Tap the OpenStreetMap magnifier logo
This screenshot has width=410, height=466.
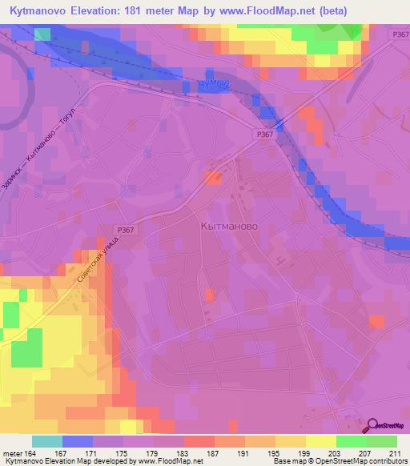[373, 427]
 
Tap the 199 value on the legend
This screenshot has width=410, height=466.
[295, 453]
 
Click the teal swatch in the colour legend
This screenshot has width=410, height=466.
[47, 441]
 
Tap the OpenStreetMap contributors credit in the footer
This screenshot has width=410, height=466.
[358, 462]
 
